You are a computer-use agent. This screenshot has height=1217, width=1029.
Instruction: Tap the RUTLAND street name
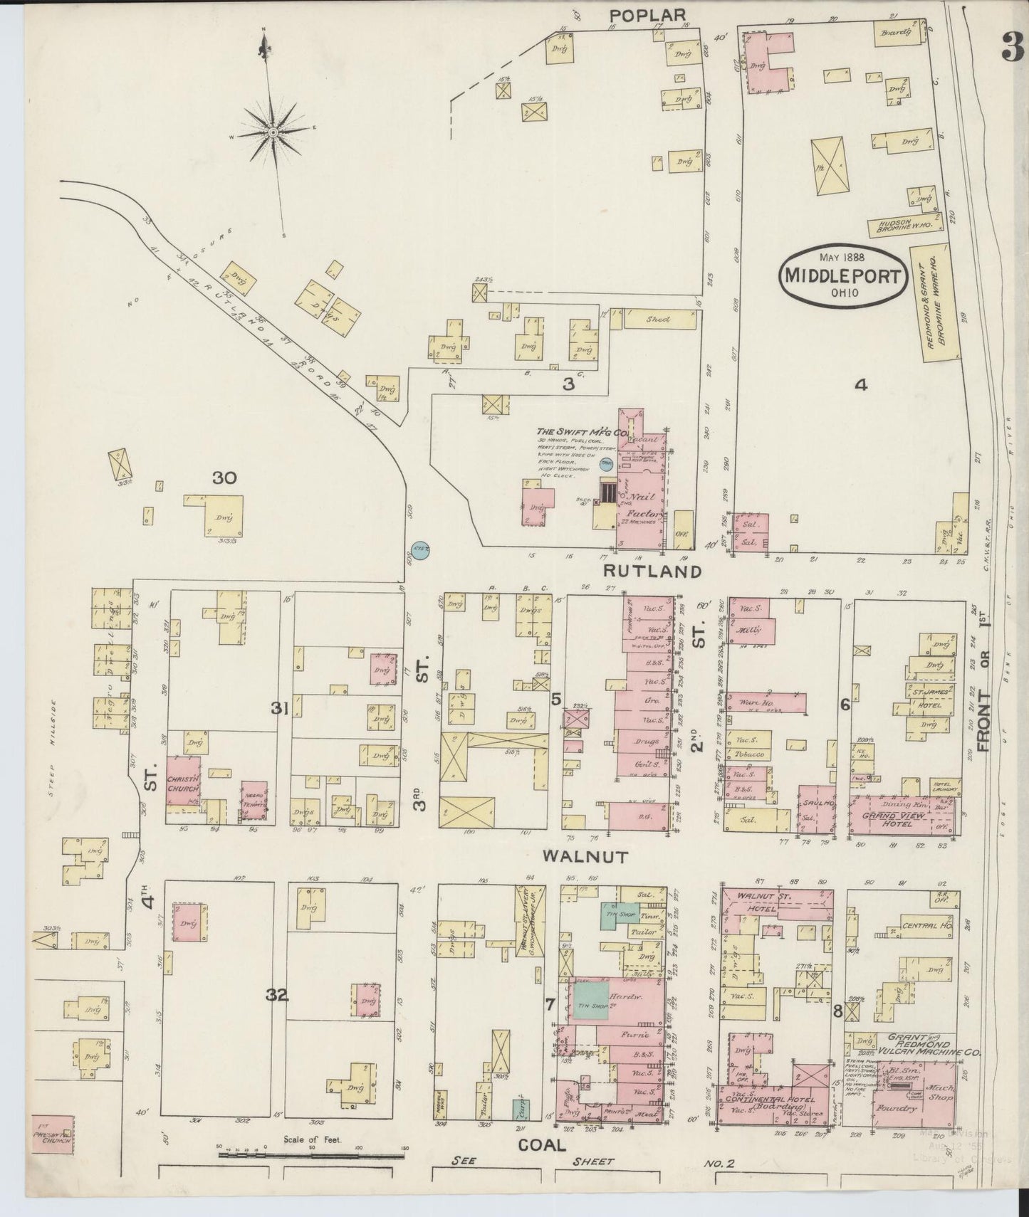click(x=653, y=571)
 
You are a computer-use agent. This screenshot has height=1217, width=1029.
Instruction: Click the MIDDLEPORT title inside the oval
click(x=843, y=276)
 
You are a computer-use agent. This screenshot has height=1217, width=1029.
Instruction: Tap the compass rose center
click(x=273, y=132)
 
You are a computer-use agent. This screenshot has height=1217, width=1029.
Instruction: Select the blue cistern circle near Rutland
click(x=421, y=549)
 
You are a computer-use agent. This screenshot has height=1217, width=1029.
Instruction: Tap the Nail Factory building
click(x=643, y=505)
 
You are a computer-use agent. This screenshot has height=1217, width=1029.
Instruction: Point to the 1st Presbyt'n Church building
click(x=52, y=1156)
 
